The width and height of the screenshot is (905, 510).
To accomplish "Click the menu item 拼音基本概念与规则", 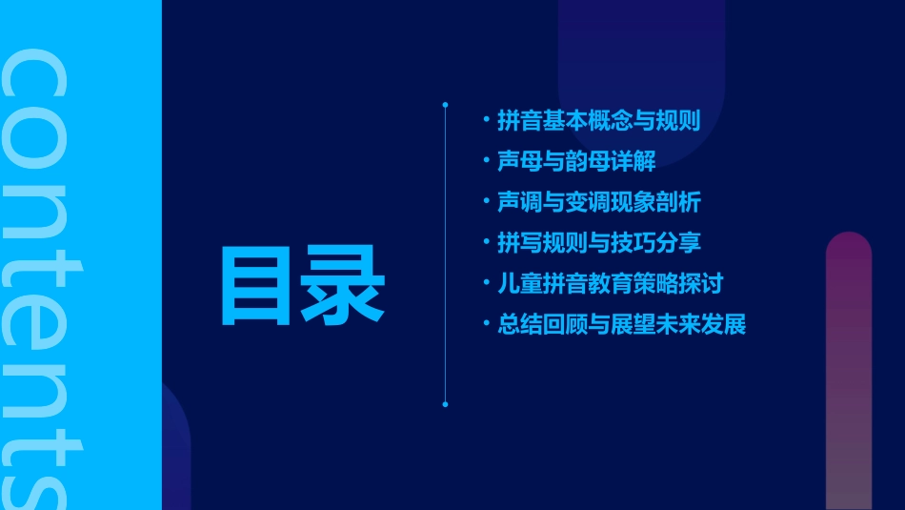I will pyautogui.click(x=598, y=121).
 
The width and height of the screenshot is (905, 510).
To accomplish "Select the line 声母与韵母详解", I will pyautogui.click(x=576, y=161).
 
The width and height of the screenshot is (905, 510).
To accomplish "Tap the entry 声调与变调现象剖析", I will pyautogui.click(x=598, y=202).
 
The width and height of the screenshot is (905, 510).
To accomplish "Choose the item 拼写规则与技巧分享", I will pyautogui.click(x=598, y=243).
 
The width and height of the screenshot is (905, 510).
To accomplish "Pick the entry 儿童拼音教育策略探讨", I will pyautogui.click(x=610, y=284).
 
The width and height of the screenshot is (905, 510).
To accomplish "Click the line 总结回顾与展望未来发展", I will pyautogui.click(x=621, y=325).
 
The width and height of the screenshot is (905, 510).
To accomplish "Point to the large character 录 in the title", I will pyautogui.click(x=344, y=284).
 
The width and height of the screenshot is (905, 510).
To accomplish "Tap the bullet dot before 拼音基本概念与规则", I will pyautogui.click(x=487, y=121).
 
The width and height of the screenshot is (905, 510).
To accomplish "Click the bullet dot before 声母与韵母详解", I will pyautogui.click(x=487, y=161).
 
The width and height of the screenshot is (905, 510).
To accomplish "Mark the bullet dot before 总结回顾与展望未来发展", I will pyautogui.click(x=487, y=325).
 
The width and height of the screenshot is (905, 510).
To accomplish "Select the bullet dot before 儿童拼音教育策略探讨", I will pyautogui.click(x=487, y=284).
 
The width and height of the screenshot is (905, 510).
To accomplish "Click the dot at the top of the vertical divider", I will pyautogui.click(x=445, y=103).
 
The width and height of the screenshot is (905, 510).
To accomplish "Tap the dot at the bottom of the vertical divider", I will pyautogui.click(x=445, y=404).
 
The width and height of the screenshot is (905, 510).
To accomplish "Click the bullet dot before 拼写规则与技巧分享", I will pyautogui.click(x=487, y=243).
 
